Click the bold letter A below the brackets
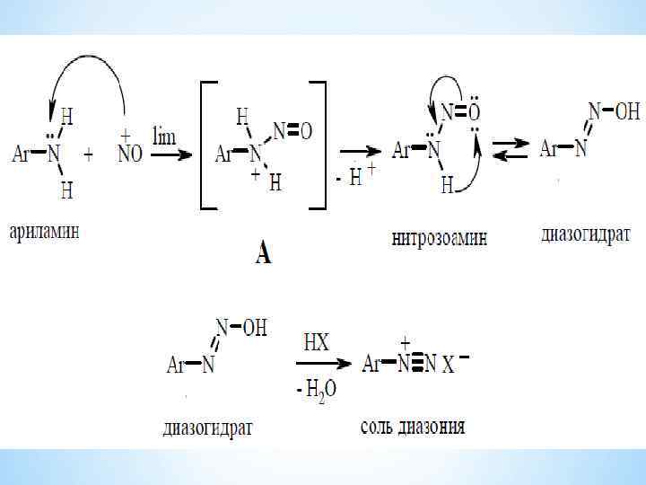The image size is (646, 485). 263,255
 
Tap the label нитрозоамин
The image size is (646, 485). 440,238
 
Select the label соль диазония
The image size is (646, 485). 412,426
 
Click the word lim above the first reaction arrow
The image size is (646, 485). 164,136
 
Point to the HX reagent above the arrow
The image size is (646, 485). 317,343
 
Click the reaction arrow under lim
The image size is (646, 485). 170,154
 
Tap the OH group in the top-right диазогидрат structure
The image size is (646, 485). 628,112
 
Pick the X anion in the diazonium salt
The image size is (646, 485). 448,366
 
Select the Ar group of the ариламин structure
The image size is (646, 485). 22,154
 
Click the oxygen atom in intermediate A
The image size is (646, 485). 305,132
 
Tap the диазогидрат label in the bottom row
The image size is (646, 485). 208,427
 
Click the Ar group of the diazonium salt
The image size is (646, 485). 371,365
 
